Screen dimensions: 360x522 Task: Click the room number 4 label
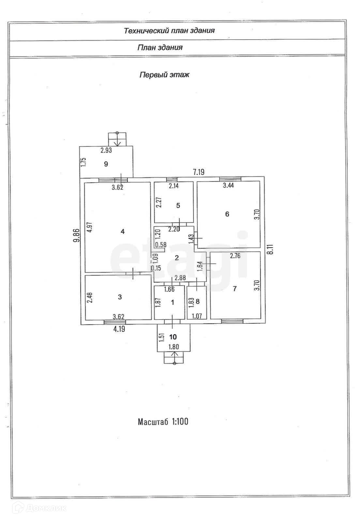point(123,232)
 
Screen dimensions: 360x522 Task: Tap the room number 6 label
point(227,214)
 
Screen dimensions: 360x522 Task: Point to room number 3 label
point(120,297)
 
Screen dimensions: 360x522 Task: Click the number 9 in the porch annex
point(106,164)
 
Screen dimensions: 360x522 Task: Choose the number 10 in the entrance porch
point(173,337)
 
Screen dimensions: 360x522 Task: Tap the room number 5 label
point(178,206)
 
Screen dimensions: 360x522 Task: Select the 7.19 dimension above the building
point(199,172)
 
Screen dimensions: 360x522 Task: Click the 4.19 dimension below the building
point(119,329)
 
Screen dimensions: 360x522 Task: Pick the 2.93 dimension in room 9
point(106,150)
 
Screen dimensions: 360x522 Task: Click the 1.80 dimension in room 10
point(173,347)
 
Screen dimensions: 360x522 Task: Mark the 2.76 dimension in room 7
point(235,256)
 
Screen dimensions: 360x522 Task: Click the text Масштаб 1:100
point(163,422)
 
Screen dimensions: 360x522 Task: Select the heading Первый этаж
point(164,75)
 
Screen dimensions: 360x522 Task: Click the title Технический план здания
point(169,31)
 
